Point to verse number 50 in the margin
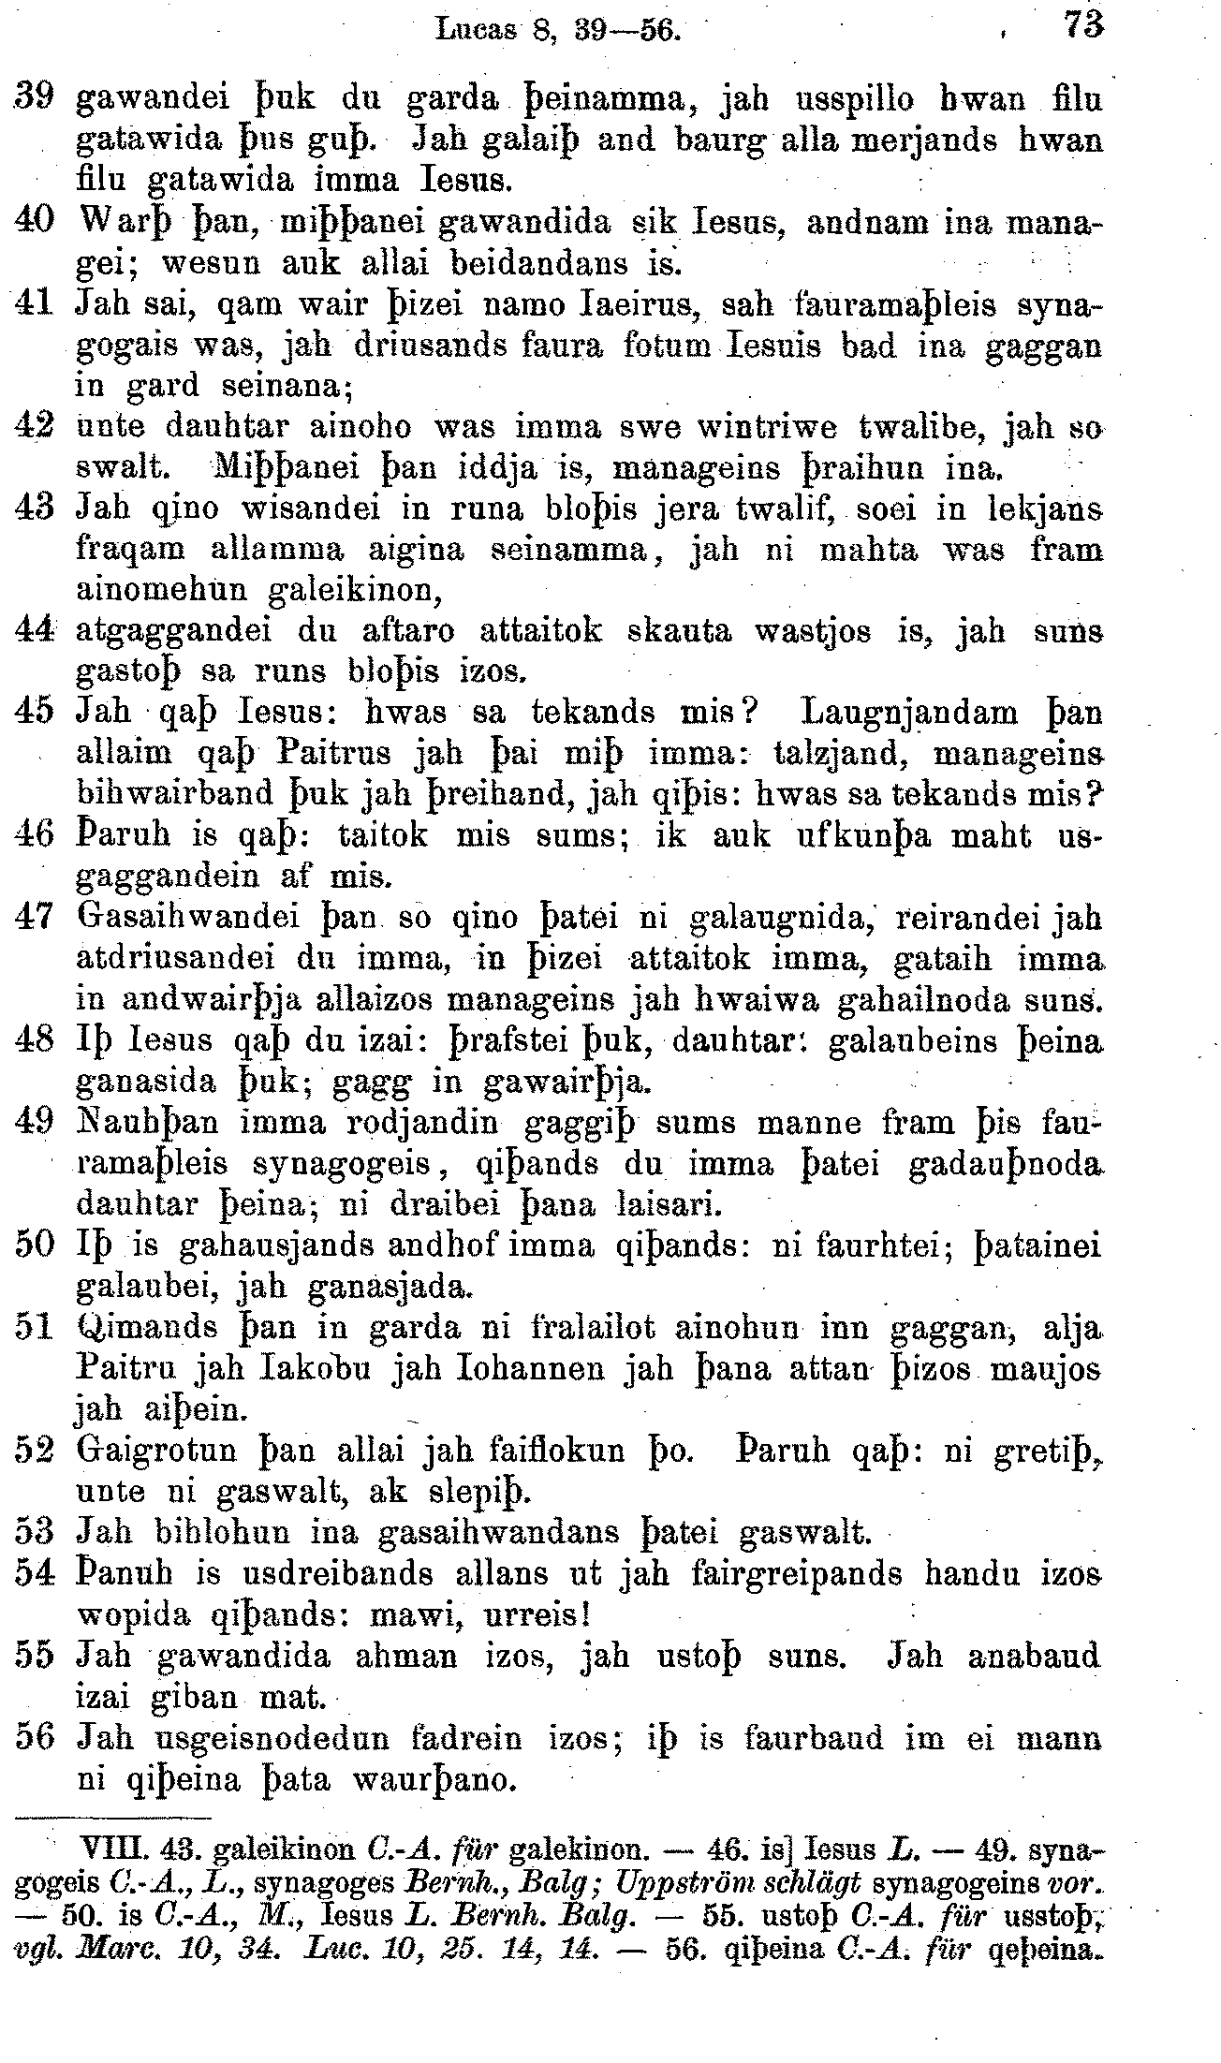[35, 1246]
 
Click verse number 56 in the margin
[35, 1737]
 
